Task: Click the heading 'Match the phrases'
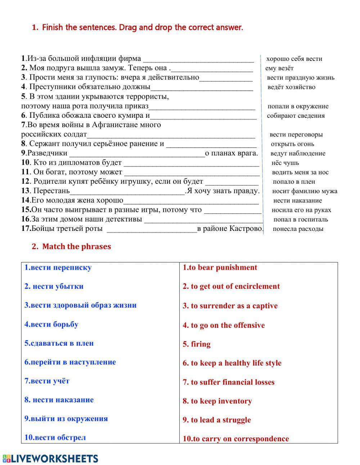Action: tap(76, 247)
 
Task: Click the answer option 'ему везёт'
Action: tap(279, 68)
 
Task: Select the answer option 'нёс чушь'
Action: tap(285, 163)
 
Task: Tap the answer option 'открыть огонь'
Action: tap(292, 144)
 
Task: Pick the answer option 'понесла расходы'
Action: tap(298, 229)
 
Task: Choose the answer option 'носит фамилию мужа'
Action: tap(305, 191)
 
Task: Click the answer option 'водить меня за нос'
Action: tap(300, 172)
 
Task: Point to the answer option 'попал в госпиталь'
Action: tap(301, 219)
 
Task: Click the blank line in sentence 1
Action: tap(198, 59)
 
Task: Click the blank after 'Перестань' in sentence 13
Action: tap(127, 191)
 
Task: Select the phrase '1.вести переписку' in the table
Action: tap(58, 268)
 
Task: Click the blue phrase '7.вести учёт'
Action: tap(47, 381)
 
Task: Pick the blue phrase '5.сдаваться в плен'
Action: tap(59, 343)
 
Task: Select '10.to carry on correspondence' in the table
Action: tap(236, 439)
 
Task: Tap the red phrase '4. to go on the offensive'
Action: tap(224, 325)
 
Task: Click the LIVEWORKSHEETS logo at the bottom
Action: tap(50, 458)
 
